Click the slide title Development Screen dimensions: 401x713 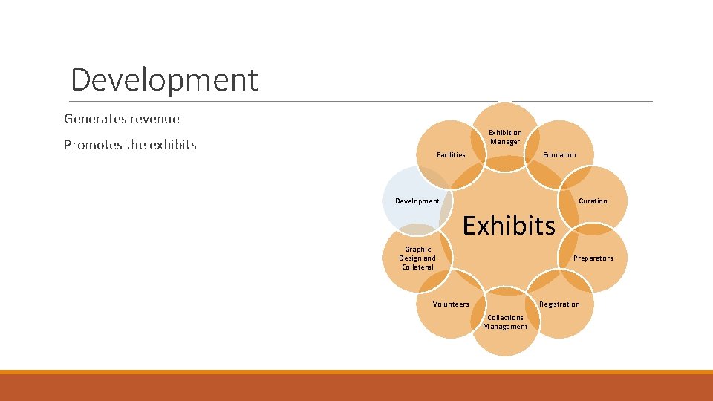tap(164, 79)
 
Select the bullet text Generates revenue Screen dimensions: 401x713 tap(122, 119)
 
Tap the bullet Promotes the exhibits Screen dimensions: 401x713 tap(130, 145)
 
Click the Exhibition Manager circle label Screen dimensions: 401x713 tap(505, 137)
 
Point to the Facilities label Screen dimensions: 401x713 tap(451, 155)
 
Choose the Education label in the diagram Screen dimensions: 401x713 tap(559, 155)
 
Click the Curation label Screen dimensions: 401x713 tap(593, 201)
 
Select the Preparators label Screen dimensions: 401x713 tap(593, 258)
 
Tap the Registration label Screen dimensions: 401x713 tap(559, 304)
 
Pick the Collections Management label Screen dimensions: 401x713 tap(505, 322)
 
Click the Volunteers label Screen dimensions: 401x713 tap(451, 304)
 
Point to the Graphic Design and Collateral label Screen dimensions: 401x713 tap(417, 258)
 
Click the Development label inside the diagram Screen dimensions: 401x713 tap(417, 201)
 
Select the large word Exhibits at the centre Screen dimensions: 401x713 tap(509, 224)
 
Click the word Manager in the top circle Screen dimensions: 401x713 tap(505, 142)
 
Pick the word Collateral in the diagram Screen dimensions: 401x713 tap(417, 267)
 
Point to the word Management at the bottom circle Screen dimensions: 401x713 tap(505, 327)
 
